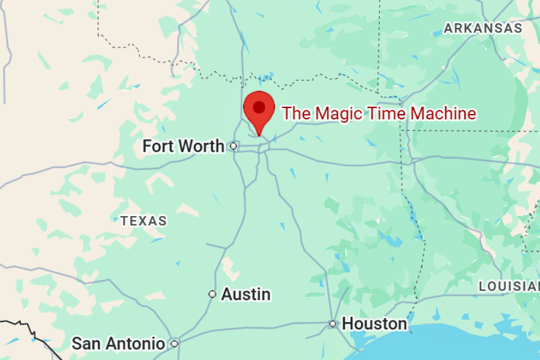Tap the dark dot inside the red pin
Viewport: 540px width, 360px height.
pos(259,107)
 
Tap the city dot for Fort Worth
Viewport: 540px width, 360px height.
pos(234,146)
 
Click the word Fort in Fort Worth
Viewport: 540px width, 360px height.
pos(159,146)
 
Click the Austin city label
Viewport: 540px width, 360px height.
pos(245,295)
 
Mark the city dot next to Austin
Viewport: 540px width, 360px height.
pos(212,294)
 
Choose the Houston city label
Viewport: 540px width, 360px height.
pos(374,324)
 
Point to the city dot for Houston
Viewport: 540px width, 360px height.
pos(333,324)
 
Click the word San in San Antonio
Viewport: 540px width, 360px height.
pos(86,344)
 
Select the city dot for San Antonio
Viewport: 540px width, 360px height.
pos(174,344)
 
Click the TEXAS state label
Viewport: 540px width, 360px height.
pos(143,221)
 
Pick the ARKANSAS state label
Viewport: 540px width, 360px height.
pos(482,28)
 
